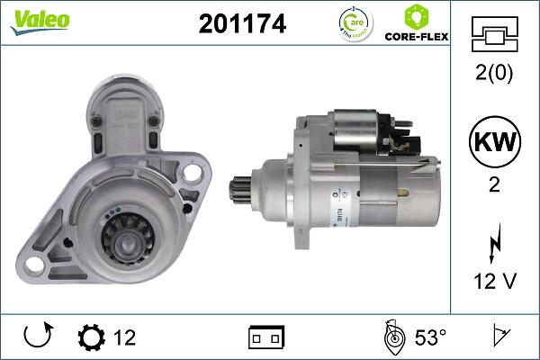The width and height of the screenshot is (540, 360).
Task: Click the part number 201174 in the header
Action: click(241, 25)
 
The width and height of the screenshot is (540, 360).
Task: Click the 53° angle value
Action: click(430, 337)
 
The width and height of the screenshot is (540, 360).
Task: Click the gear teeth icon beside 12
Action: click(91, 337)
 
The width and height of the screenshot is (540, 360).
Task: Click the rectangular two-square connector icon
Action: click(266, 337)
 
